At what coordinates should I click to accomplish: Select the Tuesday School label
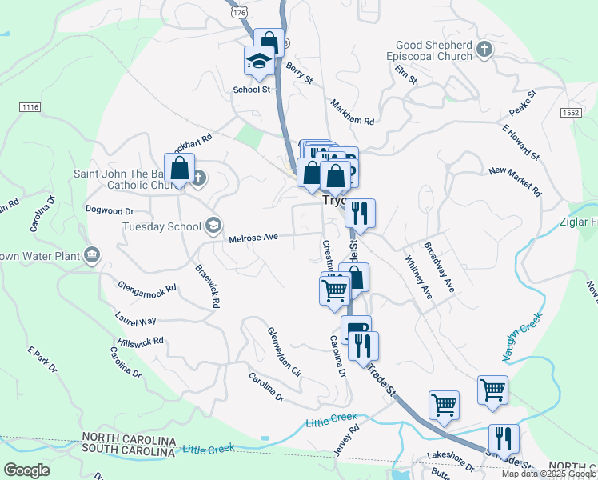coord(161,226)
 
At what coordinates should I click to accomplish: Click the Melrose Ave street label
coord(253,238)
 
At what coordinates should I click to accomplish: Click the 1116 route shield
coord(30,106)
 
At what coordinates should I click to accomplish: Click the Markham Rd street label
coord(352,112)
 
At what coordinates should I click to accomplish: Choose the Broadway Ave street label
coord(439,267)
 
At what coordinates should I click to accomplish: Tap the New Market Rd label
coord(515,182)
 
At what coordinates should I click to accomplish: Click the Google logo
coord(27,470)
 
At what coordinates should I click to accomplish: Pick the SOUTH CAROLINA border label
coord(129,453)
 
